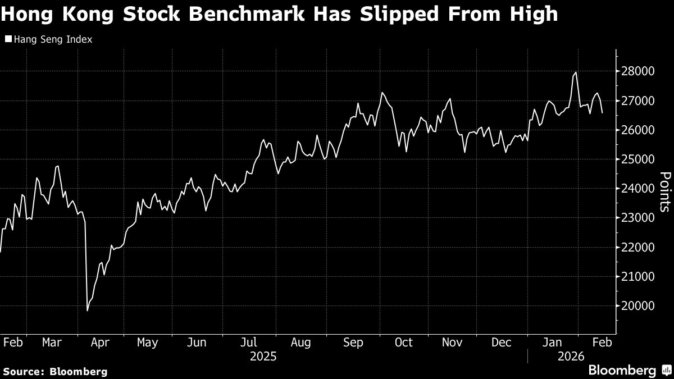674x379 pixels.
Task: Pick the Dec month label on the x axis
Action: point(502,342)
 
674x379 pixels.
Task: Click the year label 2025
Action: point(263,357)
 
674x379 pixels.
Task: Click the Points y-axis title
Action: point(663,191)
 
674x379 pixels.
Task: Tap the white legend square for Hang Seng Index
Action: point(8,39)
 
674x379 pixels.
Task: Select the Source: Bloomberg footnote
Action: point(54,371)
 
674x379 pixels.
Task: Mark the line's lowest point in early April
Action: point(88,310)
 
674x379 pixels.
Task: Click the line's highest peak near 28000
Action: point(576,72)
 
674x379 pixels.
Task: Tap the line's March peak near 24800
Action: point(58,166)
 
